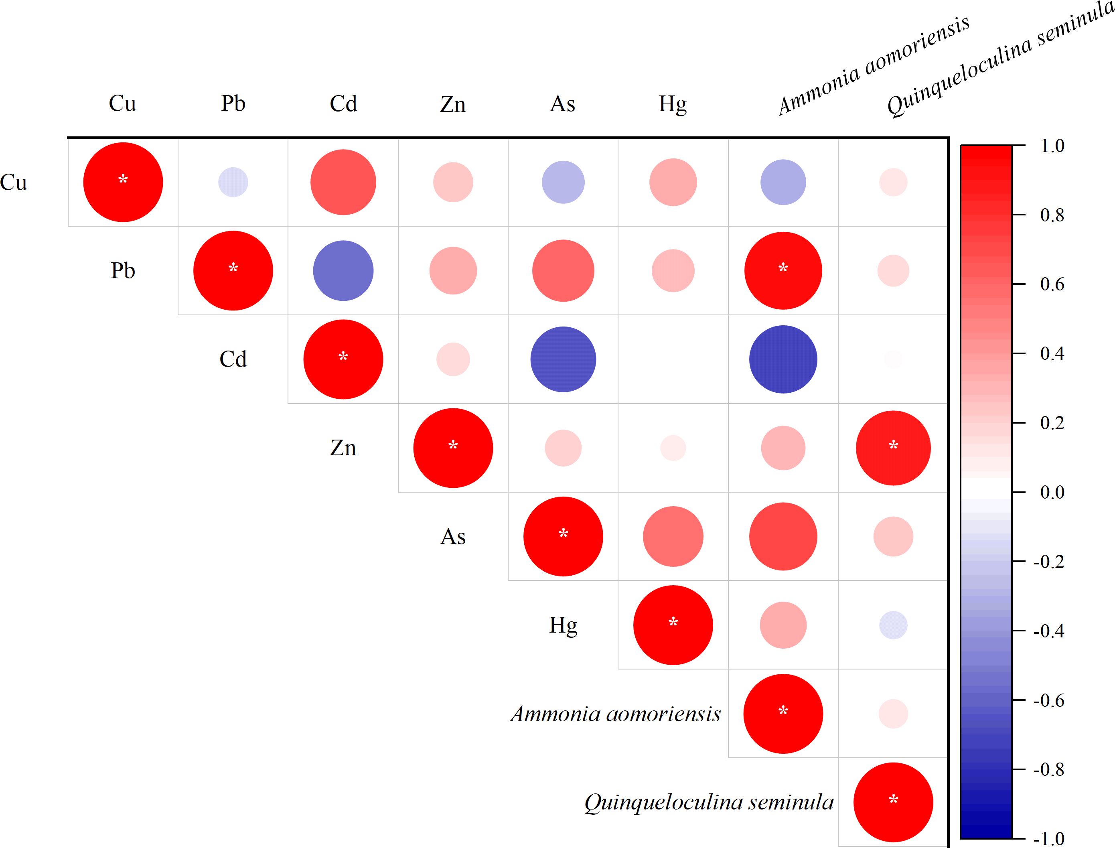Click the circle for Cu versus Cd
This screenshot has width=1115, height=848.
click(343, 182)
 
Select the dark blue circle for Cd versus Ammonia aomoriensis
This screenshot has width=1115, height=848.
click(783, 359)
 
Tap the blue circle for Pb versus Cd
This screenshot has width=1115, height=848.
click(343, 270)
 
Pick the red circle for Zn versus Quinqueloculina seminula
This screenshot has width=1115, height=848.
click(893, 448)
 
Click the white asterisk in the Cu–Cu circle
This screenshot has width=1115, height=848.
click(123, 179)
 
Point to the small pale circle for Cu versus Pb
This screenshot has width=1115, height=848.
click(233, 182)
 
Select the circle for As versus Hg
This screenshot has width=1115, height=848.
click(673, 537)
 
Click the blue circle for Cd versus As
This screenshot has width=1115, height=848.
click(563, 359)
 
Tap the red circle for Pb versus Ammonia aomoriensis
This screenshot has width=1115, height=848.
click(783, 270)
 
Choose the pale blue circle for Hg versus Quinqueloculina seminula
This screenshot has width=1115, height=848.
click(893, 625)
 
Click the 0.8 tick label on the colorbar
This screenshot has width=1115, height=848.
click(1052, 215)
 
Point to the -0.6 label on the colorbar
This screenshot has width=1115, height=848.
click(1048, 701)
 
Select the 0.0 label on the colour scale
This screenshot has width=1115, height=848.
click(1052, 492)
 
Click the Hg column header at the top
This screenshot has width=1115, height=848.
click(673, 104)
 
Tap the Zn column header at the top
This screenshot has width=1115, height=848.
click(453, 104)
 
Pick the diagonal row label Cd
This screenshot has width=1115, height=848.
click(233, 359)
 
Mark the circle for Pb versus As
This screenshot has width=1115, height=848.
click(563, 270)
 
